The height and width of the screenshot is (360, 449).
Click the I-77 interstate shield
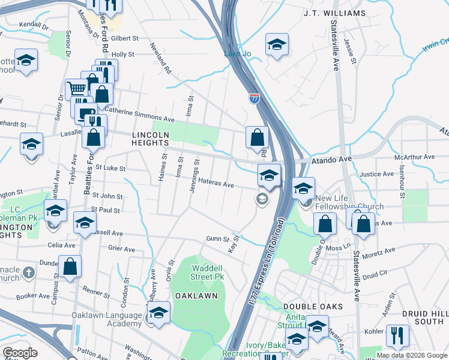(255, 98)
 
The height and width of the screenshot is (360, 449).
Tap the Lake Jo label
(237, 54)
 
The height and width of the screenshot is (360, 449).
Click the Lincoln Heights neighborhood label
(151, 139)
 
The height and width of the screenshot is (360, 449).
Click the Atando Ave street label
(330, 160)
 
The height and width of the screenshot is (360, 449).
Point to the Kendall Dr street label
(33, 25)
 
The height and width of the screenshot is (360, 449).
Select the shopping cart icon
(77, 89)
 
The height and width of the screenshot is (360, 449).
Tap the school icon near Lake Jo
(277, 45)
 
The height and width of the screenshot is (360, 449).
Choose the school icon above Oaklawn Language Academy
(158, 312)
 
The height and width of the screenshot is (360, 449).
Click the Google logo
(20, 353)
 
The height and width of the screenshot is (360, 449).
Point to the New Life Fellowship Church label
(349, 203)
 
